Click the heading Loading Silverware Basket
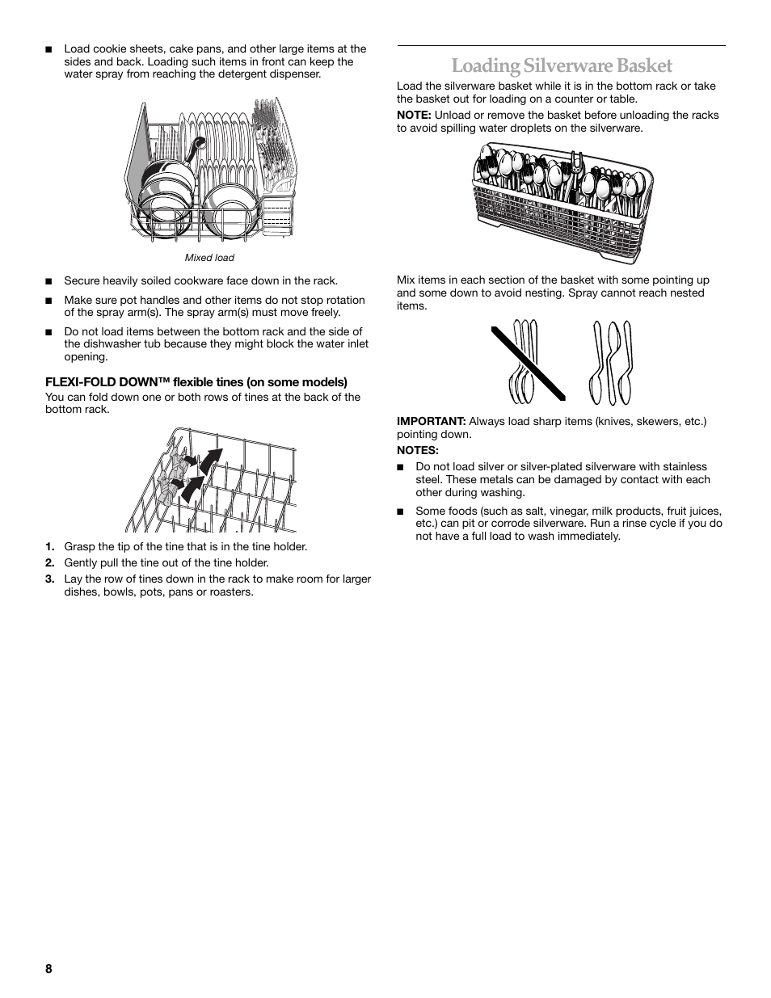pyautogui.click(x=561, y=65)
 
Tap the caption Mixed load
pyautogui.click(x=209, y=258)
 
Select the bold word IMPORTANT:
pyautogui.click(x=431, y=422)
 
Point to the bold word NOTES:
pyautogui.click(x=417, y=450)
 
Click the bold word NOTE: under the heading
pyautogui.click(x=414, y=115)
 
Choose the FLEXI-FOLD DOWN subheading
pyautogui.click(x=196, y=382)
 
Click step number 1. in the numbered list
pyautogui.click(x=50, y=547)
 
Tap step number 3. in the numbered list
pyautogui.click(x=50, y=579)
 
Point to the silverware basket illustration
pyautogui.click(x=562, y=201)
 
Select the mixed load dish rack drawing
pyautogui.click(x=210, y=170)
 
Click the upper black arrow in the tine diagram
pyautogui.click(x=210, y=461)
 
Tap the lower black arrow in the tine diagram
pyautogui.click(x=192, y=488)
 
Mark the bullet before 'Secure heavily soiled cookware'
pyautogui.click(x=48, y=282)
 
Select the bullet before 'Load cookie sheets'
pyautogui.click(x=48, y=50)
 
